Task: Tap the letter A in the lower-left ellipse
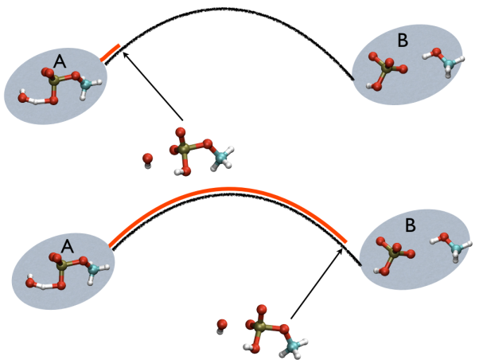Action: [x=68, y=248]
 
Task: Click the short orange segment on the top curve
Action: [x=111, y=53]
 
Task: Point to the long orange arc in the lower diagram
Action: [x=231, y=190]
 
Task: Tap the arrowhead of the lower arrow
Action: [x=342, y=248]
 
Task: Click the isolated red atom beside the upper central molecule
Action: [x=147, y=159]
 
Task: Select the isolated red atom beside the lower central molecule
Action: [x=223, y=324]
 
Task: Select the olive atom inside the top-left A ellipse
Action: [x=53, y=80]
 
